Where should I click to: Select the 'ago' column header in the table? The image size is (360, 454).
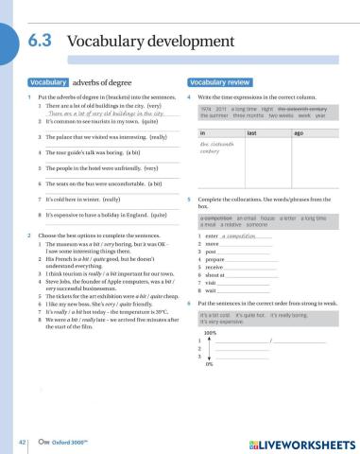(299, 134)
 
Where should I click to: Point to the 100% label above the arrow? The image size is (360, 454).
(209, 333)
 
